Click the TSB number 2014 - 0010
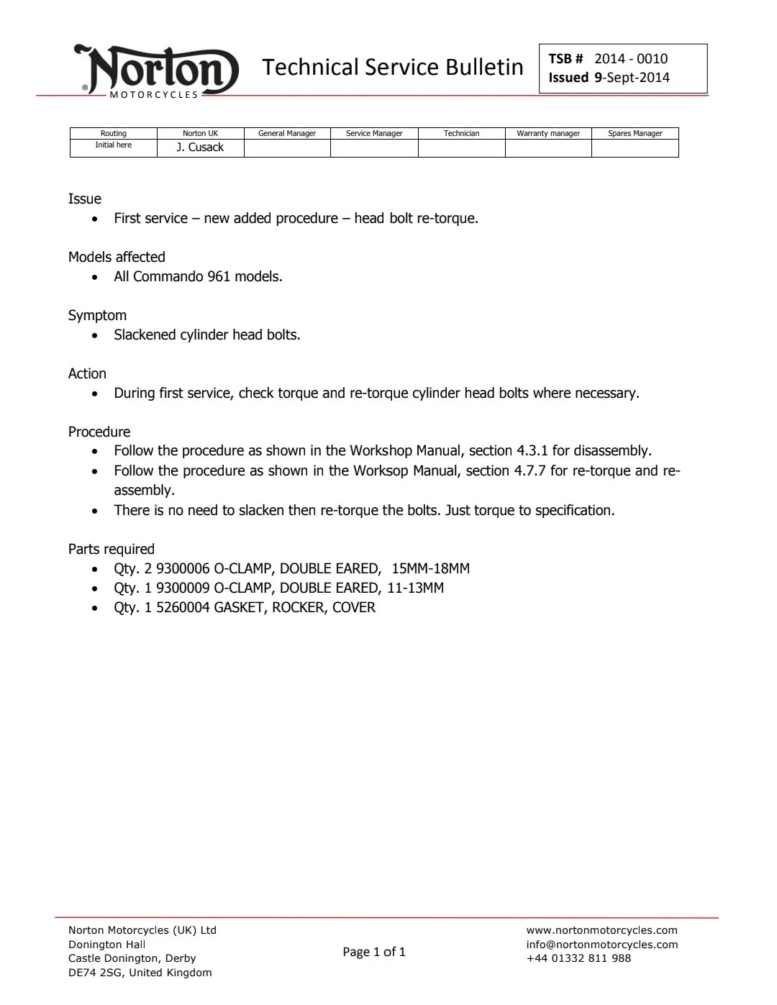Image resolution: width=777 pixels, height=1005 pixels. point(631,59)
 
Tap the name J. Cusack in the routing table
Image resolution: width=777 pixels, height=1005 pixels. point(200,147)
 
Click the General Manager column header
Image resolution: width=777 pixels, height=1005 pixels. point(287,133)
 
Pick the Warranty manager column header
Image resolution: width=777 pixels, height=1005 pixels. point(548,133)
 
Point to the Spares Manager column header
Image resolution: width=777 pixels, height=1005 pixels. point(635,133)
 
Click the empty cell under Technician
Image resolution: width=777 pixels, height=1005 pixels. point(461,148)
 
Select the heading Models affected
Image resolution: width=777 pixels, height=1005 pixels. point(117,257)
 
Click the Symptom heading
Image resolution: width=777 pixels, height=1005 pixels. point(97,315)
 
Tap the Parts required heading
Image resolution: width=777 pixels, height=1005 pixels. point(112,549)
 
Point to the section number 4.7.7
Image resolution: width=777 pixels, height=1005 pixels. point(530,471)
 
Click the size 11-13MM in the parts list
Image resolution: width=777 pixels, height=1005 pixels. point(415,588)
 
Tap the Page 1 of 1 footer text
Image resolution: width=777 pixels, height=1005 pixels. point(374,952)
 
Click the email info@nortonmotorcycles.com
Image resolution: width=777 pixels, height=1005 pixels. point(602,945)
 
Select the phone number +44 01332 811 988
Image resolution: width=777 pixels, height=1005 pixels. point(578,958)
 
